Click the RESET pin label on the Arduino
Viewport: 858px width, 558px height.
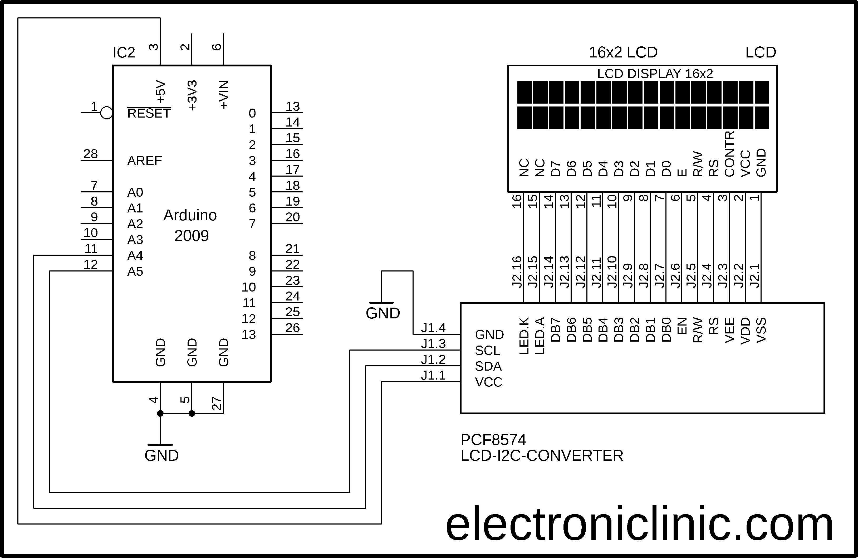click(x=149, y=113)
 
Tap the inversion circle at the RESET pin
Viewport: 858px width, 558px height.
click(x=106, y=113)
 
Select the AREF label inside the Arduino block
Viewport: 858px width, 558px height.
click(x=145, y=161)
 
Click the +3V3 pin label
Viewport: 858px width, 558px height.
click(x=193, y=96)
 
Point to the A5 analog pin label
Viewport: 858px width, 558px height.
click(x=135, y=271)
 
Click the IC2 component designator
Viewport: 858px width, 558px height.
click(x=124, y=53)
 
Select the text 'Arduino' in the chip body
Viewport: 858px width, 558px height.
click(x=190, y=215)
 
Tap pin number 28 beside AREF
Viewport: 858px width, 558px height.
click(x=90, y=154)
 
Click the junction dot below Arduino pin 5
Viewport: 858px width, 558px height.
click(x=192, y=413)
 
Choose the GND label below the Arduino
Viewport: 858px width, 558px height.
click(x=161, y=455)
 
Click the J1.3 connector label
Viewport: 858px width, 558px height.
click(x=433, y=344)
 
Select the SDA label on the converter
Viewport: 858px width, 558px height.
click(x=488, y=366)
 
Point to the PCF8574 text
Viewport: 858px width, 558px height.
click(x=493, y=440)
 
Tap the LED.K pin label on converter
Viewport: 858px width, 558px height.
click(x=524, y=336)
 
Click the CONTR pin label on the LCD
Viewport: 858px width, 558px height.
click(x=729, y=154)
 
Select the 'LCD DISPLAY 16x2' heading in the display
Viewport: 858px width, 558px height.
click(x=655, y=74)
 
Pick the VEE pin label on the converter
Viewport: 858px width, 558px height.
click(x=729, y=330)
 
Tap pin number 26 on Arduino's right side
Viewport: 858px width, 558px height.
click(x=292, y=328)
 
